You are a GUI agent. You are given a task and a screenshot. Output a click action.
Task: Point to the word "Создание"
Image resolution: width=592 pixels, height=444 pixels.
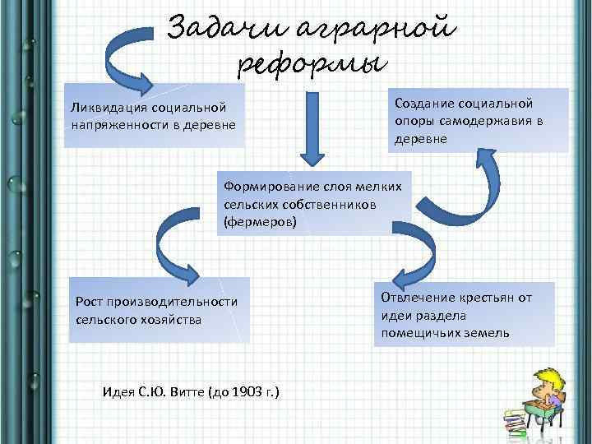(423, 103)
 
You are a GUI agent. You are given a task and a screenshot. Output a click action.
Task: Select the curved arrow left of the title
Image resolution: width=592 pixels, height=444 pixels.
(136, 53)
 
